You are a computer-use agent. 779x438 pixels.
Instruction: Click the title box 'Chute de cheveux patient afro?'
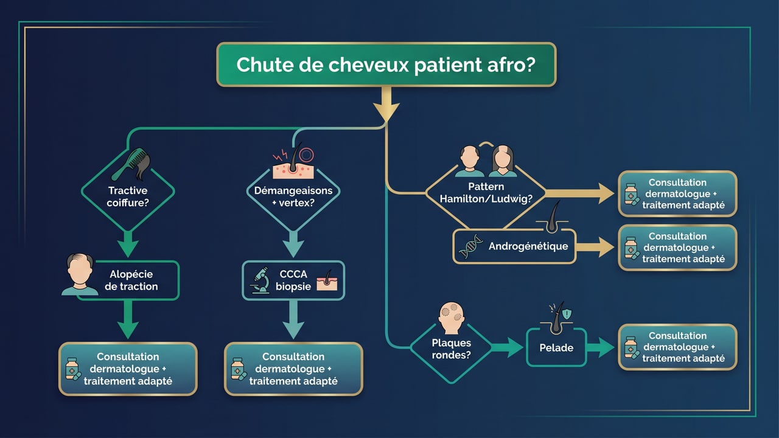(386, 64)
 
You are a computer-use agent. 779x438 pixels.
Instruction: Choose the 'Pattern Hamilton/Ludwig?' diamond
(486, 192)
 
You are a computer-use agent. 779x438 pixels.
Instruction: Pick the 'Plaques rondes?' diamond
(451, 349)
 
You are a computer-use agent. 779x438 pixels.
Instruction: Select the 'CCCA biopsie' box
(293, 280)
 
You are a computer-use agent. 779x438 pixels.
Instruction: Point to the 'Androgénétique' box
(514, 246)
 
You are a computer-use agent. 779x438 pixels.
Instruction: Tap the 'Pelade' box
(556, 348)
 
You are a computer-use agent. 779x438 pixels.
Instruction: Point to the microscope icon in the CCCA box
(261, 281)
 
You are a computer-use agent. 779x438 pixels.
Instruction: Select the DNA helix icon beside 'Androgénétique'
(471, 247)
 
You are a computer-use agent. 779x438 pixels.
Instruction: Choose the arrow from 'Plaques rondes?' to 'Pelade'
(506, 348)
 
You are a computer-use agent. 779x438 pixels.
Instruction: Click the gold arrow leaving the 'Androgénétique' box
(596, 247)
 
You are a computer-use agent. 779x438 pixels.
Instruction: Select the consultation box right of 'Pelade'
(677, 347)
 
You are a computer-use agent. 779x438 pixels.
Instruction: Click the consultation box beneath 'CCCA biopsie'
(293, 369)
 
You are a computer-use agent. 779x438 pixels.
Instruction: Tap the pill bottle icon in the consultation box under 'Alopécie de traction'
(72, 369)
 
